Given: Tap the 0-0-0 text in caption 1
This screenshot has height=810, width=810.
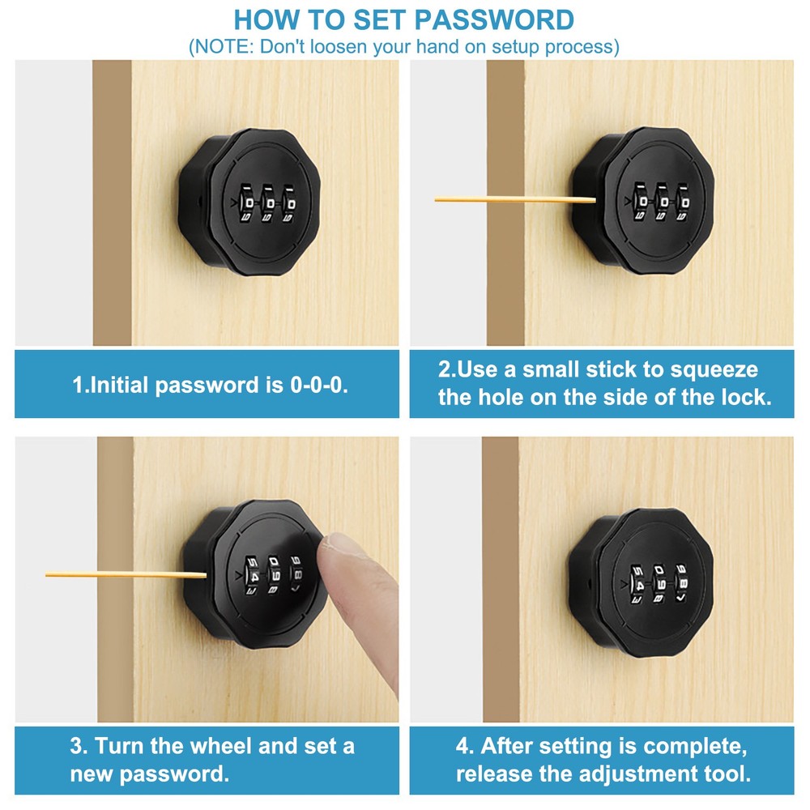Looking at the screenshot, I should tap(318, 385).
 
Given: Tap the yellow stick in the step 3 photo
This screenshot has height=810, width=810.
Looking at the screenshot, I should tap(122, 574).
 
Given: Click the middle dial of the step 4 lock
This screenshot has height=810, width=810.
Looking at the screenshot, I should tap(659, 582).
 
